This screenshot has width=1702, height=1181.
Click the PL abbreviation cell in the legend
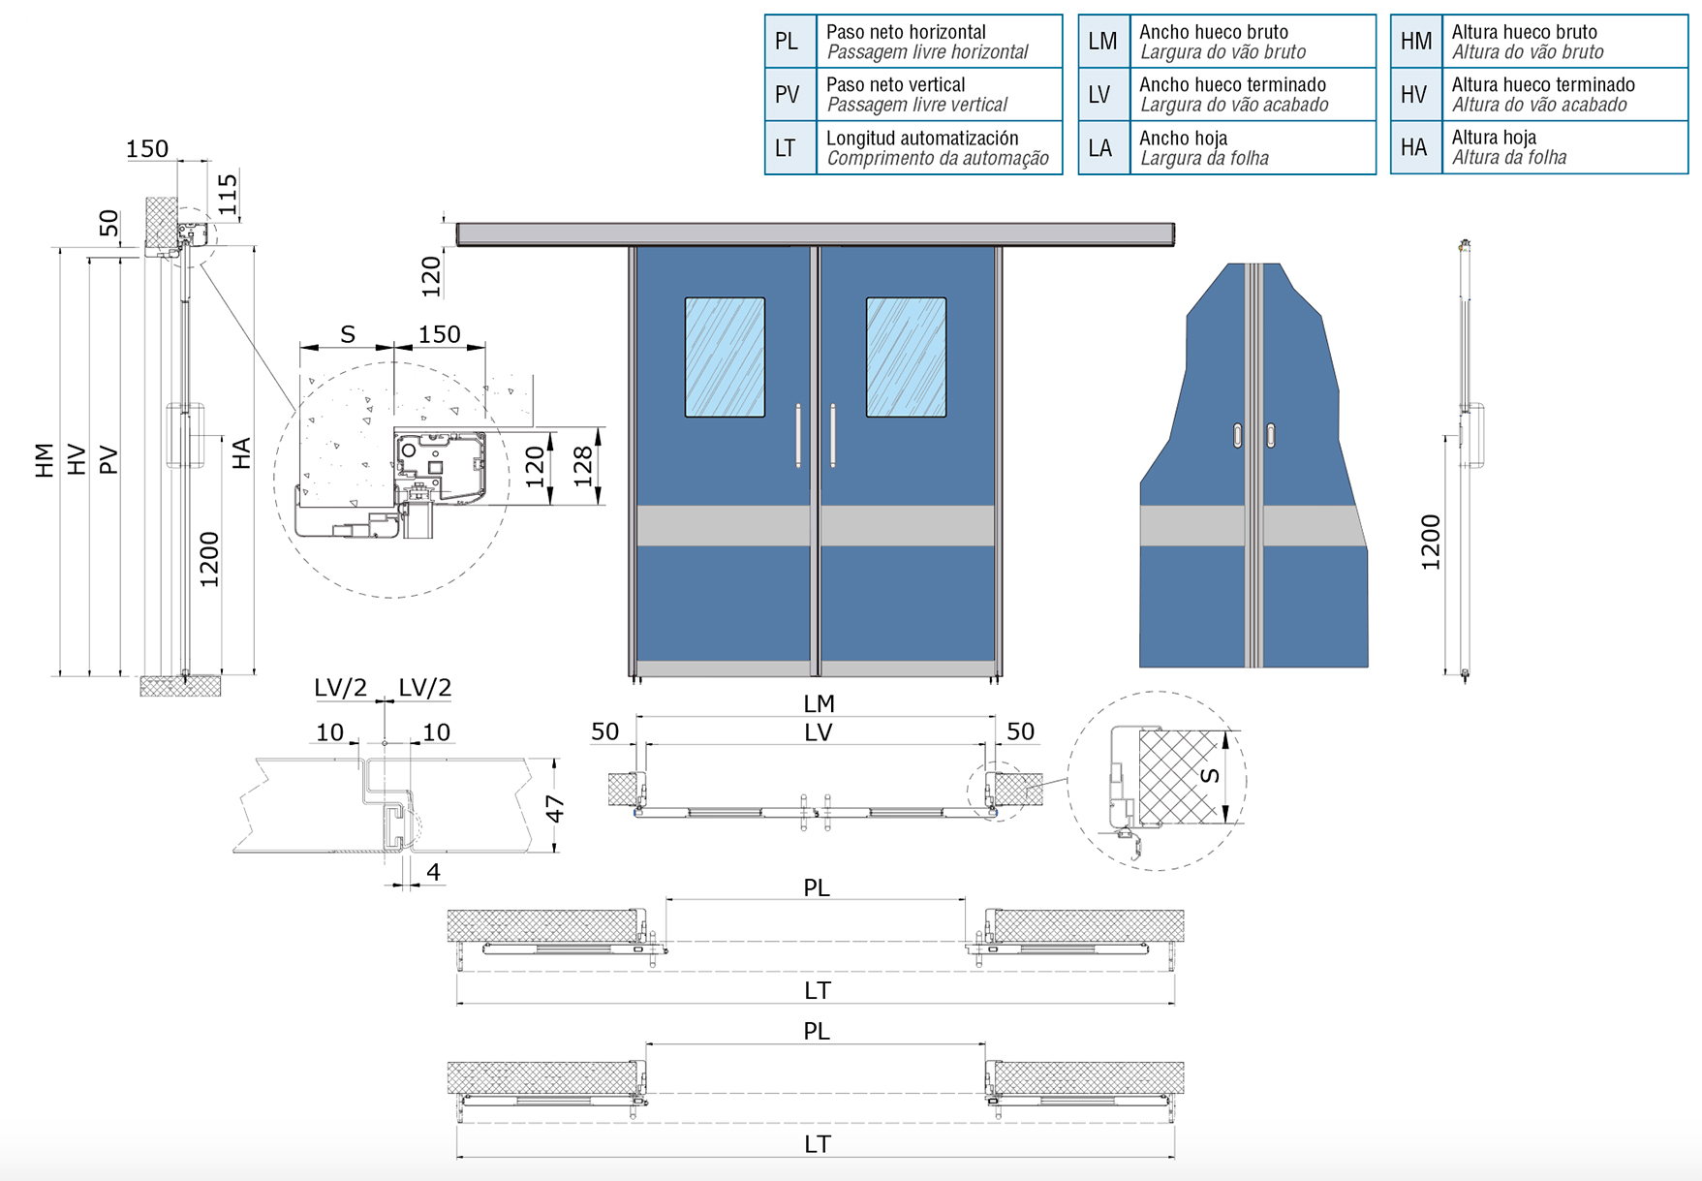click(x=790, y=42)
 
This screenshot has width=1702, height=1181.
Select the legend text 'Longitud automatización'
click(x=922, y=138)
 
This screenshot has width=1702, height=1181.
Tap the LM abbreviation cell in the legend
click(x=1103, y=42)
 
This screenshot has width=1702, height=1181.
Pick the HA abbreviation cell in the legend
click(x=1415, y=147)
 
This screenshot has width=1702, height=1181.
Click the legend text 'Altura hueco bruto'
click(x=1524, y=32)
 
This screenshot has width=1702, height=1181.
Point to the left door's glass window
click(x=725, y=357)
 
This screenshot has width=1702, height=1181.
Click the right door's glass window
click(x=906, y=357)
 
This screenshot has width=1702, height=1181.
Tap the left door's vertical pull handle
click(x=799, y=436)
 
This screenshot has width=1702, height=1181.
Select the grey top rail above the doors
click(x=816, y=234)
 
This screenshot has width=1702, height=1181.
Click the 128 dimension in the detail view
click(x=583, y=467)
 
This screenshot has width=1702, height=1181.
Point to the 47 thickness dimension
click(x=555, y=808)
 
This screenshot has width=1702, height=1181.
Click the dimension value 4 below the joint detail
click(x=433, y=872)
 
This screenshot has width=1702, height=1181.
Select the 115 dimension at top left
click(x=228, y=194)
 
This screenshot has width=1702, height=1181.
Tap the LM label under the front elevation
click(x=819, y=703)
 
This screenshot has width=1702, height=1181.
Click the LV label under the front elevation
click(x=819, y=732)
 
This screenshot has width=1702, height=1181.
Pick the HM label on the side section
click(x=45, y=460)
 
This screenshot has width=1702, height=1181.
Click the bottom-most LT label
click(x=818, y=1144)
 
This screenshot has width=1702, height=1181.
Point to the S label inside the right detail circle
click(x=1209, y=775)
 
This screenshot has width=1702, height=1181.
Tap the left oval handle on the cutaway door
click(x=1238, y=436)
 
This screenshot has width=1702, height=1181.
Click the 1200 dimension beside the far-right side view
click(x=1431, y=542)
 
